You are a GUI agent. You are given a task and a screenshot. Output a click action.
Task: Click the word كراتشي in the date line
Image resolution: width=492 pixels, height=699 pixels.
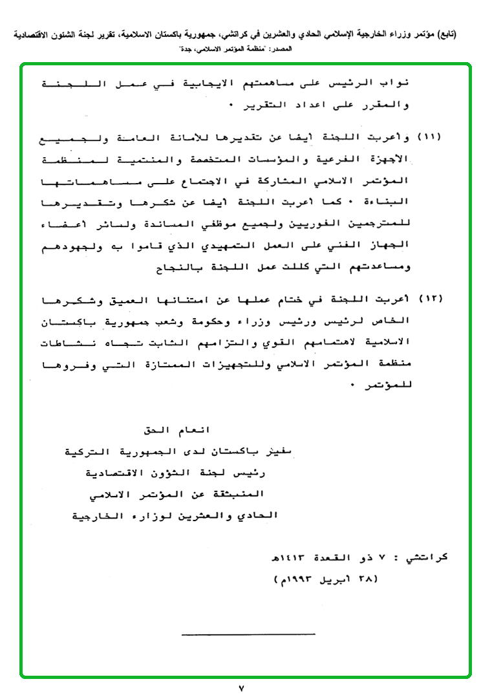click(x=429, y=556)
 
